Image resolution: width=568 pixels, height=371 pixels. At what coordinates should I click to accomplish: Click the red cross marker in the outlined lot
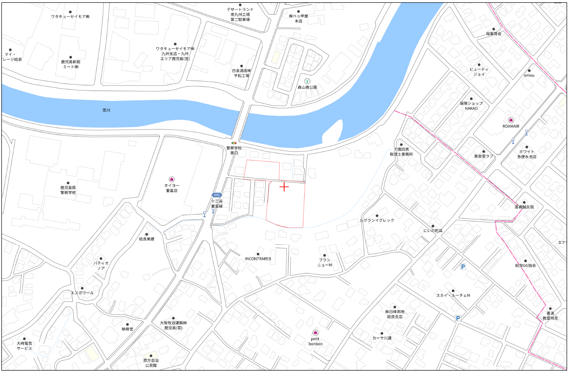point(284,187)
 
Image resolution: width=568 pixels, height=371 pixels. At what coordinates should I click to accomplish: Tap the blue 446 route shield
point(216,195)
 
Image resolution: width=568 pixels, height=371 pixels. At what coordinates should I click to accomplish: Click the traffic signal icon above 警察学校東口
point(234,142)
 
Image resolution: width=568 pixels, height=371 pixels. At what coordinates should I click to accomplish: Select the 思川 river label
point(106,110)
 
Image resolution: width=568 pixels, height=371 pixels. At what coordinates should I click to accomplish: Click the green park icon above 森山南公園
point(307,81)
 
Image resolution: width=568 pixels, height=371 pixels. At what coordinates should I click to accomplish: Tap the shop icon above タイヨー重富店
point(172,179)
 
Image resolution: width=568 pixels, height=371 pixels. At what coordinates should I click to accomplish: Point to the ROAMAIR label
point(511,126)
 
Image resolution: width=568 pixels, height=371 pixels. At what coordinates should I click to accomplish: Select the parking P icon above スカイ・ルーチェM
point(462,267)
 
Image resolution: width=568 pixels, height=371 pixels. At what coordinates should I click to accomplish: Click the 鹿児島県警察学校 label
point(68,189)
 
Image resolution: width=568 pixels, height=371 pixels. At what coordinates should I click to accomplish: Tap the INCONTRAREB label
point(258,258)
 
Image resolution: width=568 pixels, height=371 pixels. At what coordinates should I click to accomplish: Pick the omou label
point(529,75)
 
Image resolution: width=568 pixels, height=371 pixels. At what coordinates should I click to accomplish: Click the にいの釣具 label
point(433,231)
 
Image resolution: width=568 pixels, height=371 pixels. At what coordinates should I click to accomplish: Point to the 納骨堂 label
point(128,329)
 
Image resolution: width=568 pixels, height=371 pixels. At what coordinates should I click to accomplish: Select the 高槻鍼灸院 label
point(524,206)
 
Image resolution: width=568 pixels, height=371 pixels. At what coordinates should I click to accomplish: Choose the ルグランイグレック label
point(377,220)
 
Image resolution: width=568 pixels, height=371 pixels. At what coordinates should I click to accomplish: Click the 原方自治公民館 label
point(151,363)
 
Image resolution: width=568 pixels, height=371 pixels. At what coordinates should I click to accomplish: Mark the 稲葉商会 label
point(493,34)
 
